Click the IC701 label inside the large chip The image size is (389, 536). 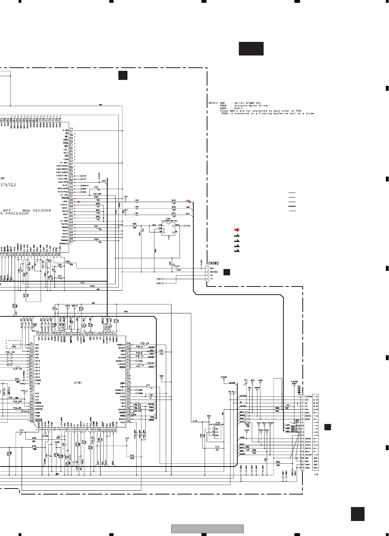click(x=77, y=383)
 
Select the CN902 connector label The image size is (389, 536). click(x=214, y=263)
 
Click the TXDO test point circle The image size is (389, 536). click(x=163, y=279)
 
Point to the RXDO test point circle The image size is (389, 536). click(x=163, y=283)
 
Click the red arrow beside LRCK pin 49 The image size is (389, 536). click(x=79, y=202)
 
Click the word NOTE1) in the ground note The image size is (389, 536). click(x=213, y=103)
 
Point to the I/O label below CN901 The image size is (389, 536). click(x=316, y=474)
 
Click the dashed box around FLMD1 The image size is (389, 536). click(x=13, y=345)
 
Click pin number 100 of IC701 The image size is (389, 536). click(x=31, y=421)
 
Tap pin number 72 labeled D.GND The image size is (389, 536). click(x=71, y=128)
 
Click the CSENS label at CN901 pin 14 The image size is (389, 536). click(x=308, y=439)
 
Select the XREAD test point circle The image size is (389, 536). click(x=68, y=308)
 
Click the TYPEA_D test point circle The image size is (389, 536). click(x=24, y=393)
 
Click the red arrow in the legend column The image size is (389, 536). click(x=236, y=230)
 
